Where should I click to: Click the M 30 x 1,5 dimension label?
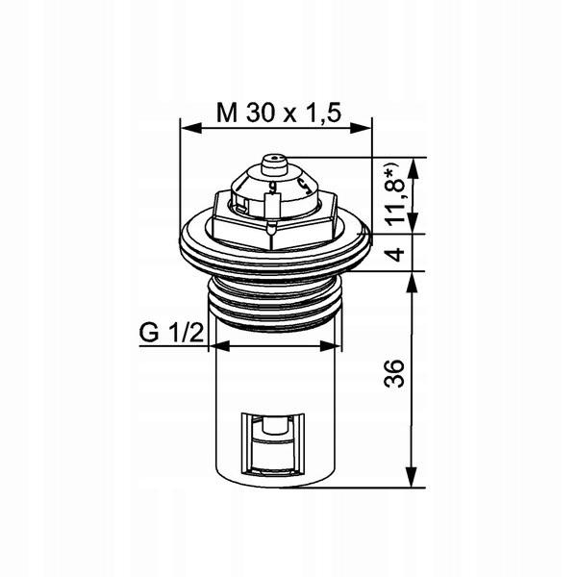(279, 113)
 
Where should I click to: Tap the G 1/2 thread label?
(171, 333)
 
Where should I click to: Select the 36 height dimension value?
(393, 373)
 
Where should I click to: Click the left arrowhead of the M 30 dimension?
(191, 128)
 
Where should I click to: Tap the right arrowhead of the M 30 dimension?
(361, 128)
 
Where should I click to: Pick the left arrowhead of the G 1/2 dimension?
(219, 346)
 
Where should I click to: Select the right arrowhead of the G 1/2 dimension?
(331, 346)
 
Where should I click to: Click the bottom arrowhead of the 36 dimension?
(412, 477)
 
